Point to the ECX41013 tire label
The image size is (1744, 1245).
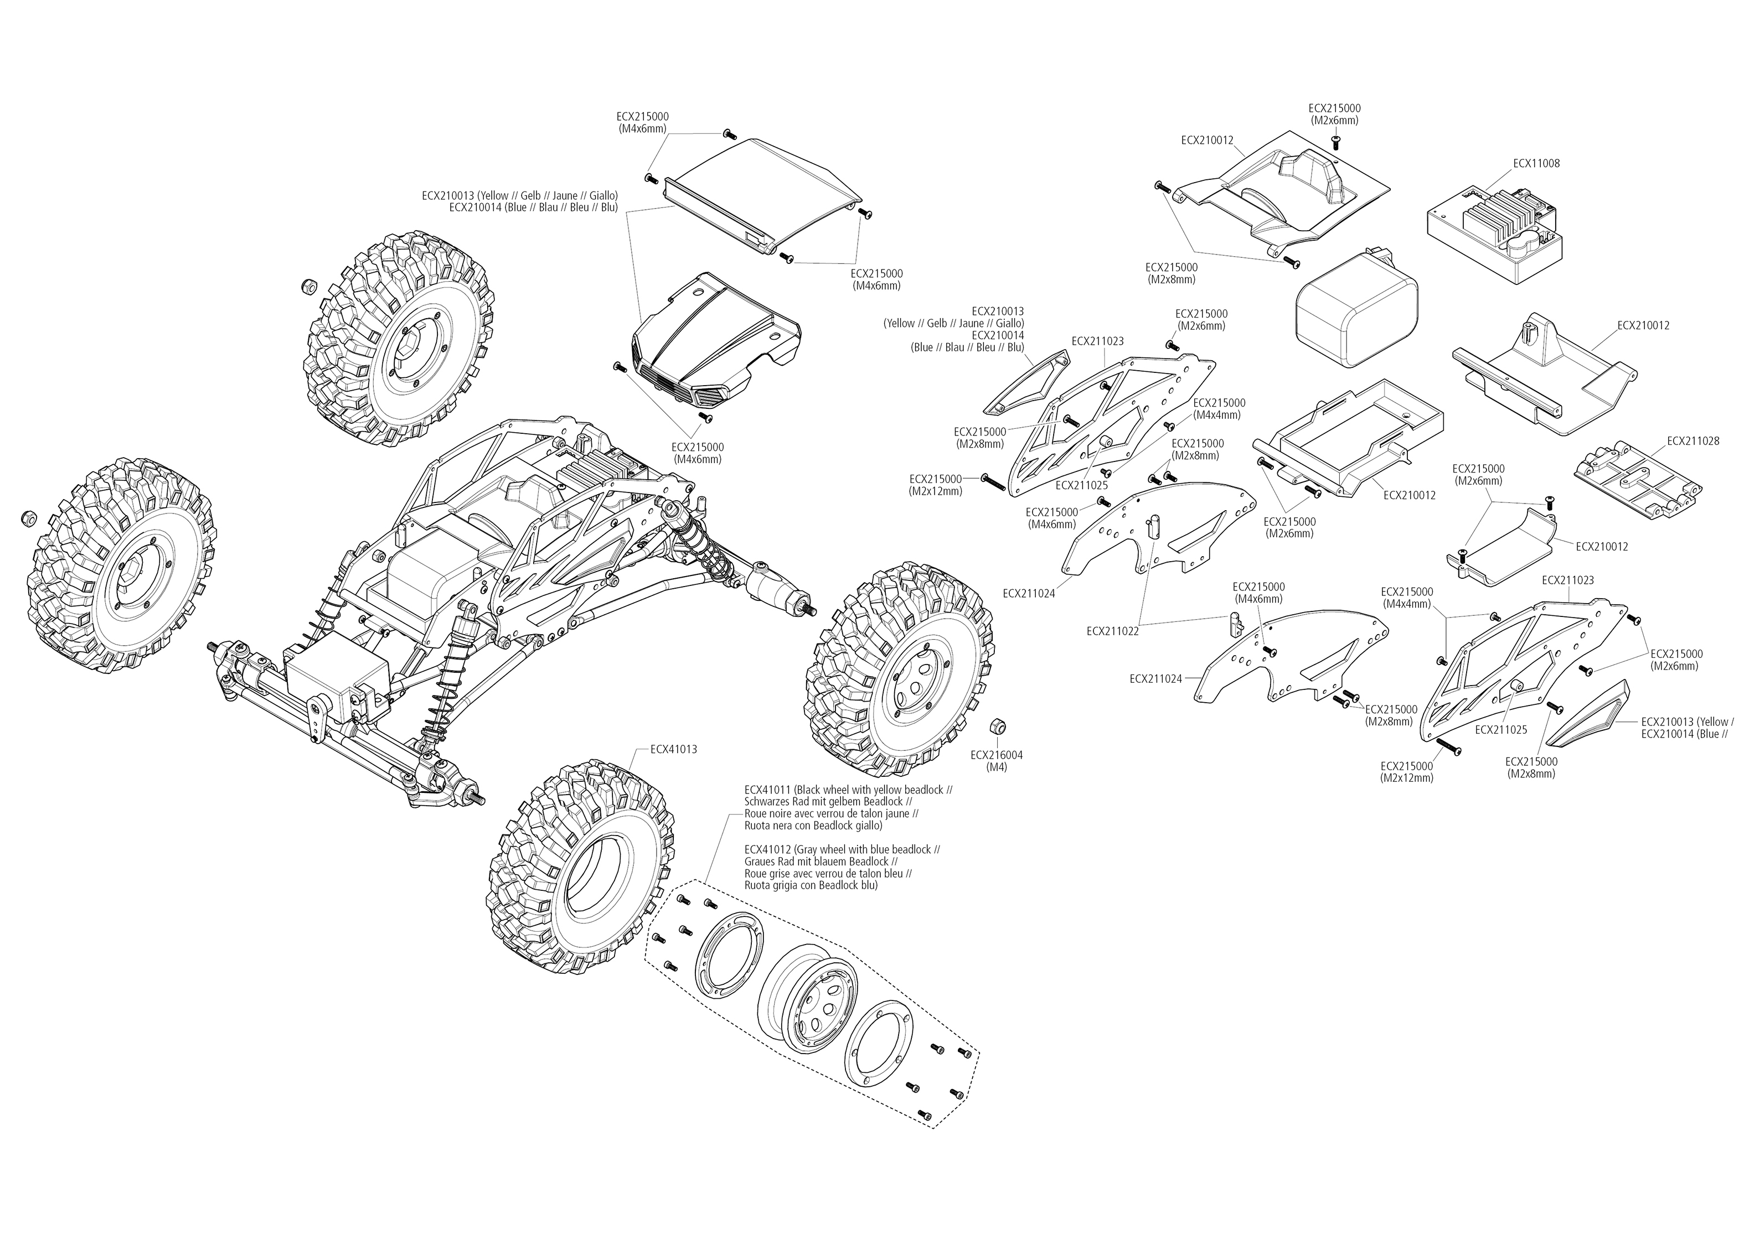pyautogui.click(x=673, y=749)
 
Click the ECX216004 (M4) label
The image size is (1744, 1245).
pyautogui.click(x=996, y=760)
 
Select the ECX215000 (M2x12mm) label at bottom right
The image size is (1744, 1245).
pyautogui.click(x=1407, y=771)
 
